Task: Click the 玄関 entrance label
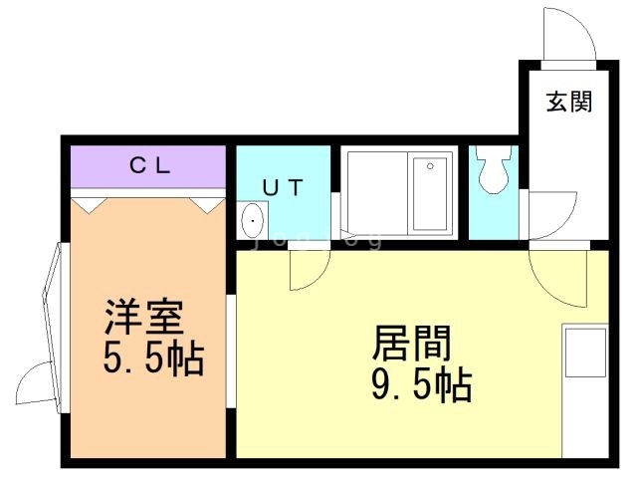click(568, 102)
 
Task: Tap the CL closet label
click(149, 165)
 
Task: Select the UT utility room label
click(283, 187)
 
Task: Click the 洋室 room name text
click(143, 318)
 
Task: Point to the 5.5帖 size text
click(152, 358)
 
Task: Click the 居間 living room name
click(411, 343)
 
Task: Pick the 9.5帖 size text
click(422, 384)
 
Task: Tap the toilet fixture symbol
click(494, 169)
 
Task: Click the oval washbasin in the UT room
click(253, 221)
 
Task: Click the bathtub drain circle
click(430, 166)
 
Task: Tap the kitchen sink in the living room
click(585, 353)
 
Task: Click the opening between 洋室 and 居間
click(230, 352)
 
